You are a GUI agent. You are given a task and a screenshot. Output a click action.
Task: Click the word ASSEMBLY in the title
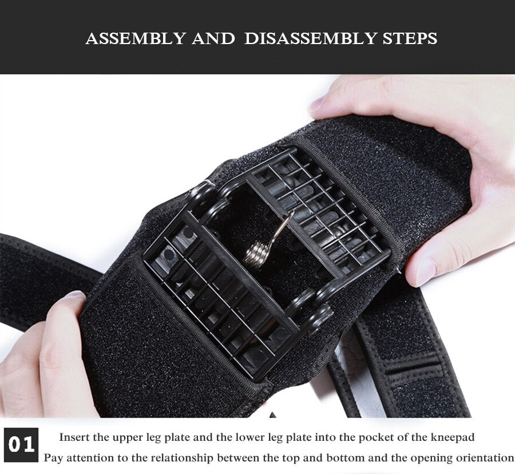134,38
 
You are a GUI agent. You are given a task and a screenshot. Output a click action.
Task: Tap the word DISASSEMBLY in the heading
309,38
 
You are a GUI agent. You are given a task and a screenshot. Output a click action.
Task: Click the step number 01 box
22,445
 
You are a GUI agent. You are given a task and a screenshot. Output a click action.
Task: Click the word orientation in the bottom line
485,458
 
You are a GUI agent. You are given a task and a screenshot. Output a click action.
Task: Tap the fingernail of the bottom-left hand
74,295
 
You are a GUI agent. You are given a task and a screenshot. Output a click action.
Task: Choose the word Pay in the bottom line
53,458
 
